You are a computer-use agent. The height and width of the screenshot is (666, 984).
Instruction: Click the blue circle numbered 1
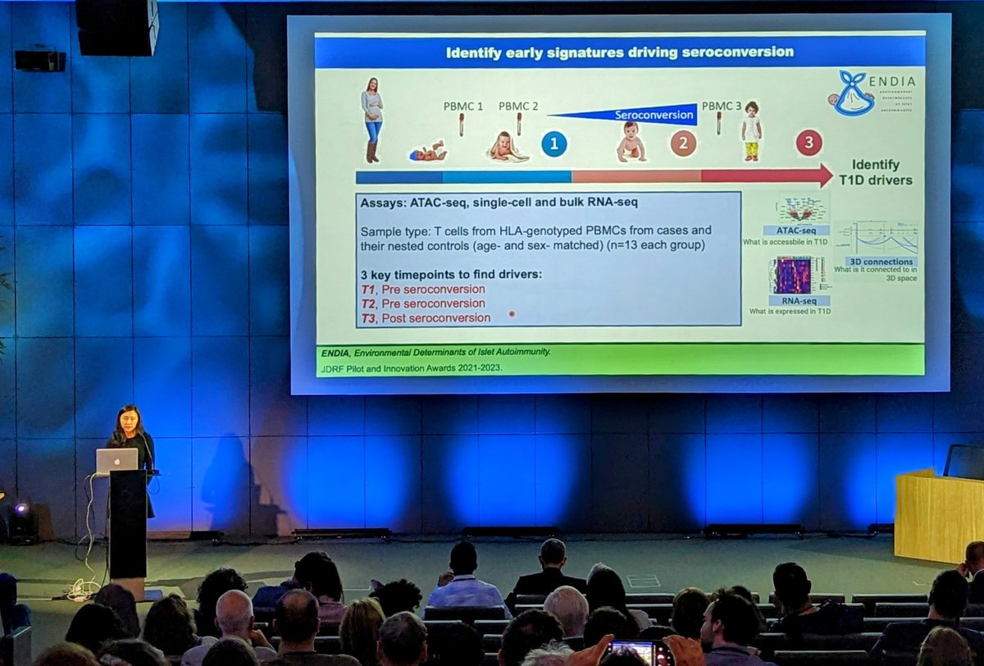553,144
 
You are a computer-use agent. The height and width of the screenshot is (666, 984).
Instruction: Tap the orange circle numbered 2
683,144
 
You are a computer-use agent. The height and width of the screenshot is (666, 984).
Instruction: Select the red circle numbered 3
809,144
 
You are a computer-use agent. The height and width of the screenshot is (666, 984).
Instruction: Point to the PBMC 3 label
719,106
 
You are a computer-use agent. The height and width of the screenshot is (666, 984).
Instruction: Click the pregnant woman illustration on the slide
372,119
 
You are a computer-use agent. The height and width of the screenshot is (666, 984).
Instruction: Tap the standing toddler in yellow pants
751,131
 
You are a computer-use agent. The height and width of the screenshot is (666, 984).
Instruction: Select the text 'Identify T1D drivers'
876,172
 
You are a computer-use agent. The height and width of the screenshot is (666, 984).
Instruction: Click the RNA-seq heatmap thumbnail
793,275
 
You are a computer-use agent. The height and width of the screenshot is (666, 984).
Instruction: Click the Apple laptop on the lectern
117,461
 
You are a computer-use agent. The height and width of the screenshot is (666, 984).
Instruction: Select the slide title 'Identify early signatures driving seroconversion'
619,52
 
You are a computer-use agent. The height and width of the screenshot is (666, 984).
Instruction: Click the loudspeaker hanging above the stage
116,28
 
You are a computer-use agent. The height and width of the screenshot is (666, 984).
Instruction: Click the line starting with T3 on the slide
426,317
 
